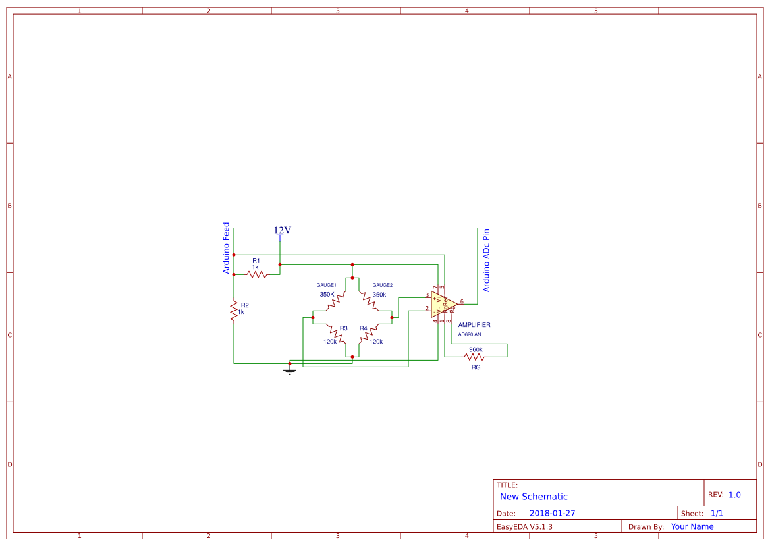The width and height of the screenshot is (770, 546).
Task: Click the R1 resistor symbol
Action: [x=257, y=274]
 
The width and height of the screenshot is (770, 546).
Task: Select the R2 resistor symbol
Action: [x=233, y=311]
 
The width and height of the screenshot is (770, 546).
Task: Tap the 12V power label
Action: [x=283, y=230]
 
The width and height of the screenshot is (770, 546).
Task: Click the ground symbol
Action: [x=289, y=371]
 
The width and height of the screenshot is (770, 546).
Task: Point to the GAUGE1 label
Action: [x=327, y=285]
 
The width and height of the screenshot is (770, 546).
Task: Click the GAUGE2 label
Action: [x=383, y=285]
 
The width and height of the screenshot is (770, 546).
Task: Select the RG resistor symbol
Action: [x=474, y=357]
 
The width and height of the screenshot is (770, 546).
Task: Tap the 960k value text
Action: [x=476, y=349]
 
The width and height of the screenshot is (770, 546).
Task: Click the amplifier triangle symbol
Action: [x=443, y=305]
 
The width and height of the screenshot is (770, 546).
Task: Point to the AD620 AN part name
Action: [x=470, y=334]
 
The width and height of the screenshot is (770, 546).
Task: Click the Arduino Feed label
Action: [x=227, y=248]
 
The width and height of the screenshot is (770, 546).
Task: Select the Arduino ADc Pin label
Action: [x=487, y=260]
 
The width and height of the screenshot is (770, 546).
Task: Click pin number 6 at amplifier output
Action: [x=462, y=301]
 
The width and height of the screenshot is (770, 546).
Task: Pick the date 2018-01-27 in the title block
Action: [x=552, y=513]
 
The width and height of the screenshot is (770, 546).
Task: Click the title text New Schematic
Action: [x=534, y=497]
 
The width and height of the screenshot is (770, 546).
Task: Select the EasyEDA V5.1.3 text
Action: [x=524, y=526]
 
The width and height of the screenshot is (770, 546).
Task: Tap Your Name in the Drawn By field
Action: [x=692, y=526]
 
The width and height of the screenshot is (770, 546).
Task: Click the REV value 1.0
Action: [x=734, y=495]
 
